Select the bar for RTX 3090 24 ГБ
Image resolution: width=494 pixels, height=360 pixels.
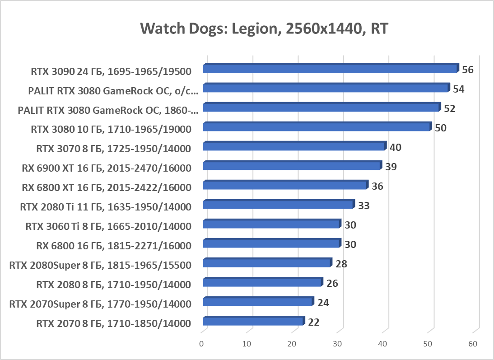click(x=330, y=69)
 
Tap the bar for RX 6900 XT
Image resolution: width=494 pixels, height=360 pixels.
click(x=291, y=166)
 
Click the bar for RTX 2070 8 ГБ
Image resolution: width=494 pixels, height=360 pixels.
click(x=253, y=321)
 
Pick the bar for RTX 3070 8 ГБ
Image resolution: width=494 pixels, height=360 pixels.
click(x=294, y=146)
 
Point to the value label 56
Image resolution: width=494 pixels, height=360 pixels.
click(x=467, y=70)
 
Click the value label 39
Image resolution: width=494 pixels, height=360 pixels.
click(x=391, y=167)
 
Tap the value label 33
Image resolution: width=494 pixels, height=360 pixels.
click(x=364, y=206)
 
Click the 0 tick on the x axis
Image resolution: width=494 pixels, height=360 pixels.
click(x=202, y=344)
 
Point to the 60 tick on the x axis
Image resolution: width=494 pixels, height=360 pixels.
click(x=473, y=344)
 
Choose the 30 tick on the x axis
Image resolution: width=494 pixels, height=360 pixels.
click(x=337, y=344)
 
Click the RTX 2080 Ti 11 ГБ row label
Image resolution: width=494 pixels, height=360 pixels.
click(x=106, y=207)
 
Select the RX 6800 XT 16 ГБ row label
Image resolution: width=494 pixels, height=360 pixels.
click(x=107, y=187)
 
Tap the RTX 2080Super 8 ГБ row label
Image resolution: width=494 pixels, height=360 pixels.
click(x=100, y=265)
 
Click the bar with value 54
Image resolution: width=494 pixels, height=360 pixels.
click(x=326, y=88)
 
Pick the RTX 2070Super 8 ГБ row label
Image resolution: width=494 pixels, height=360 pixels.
click(x=100, y=304)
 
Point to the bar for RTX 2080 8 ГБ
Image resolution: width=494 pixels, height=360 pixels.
click(x=262, y=282)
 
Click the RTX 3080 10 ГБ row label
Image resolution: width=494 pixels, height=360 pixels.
click(x=111, y=129)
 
